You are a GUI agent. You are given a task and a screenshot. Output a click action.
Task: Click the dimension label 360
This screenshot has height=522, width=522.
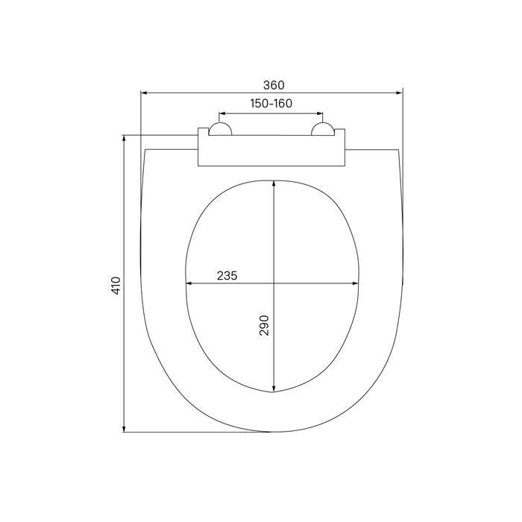click(274, 85)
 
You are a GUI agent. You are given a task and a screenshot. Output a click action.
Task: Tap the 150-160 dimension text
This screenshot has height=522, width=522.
click(271, 104)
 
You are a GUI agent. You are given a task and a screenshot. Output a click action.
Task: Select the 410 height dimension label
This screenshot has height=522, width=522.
click(116, 286)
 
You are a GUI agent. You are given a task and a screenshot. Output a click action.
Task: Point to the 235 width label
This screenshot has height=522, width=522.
click(227, 276)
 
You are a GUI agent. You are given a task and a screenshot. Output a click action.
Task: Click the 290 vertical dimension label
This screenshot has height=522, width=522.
click(264, 325)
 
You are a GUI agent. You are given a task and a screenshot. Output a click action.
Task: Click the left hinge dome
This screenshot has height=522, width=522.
click(220, 129)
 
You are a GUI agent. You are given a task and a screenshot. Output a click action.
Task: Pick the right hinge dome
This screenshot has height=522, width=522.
click(323, 129)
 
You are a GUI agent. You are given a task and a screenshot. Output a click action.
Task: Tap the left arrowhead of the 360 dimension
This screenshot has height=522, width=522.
click(144, 93)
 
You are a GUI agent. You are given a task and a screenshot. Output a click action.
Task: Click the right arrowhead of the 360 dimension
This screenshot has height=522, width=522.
click(400, 93)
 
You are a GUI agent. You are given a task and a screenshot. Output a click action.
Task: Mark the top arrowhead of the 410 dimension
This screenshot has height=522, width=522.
click(124, 139)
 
